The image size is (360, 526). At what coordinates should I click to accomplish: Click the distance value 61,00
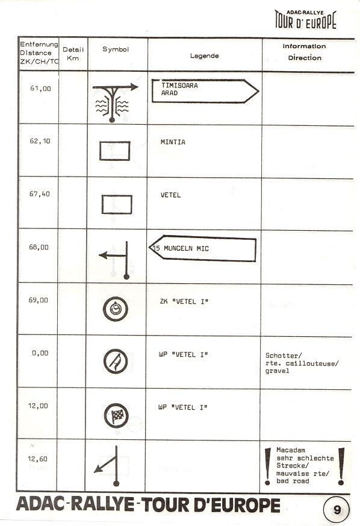pos(40,89)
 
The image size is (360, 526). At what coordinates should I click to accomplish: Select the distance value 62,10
pos(40,141)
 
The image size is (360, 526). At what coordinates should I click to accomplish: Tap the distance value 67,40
pos(40,194)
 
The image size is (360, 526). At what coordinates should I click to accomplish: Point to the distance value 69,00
pos(38,300)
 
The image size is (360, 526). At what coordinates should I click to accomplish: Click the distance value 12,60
pos(37,459)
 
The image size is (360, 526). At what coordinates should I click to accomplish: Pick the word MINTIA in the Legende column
pos(173,142)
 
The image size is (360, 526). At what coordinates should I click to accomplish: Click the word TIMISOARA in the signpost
pos(179,86)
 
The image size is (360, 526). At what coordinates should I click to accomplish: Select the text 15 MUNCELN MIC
pos(181,249)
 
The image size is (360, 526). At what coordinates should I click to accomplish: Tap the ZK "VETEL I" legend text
pos(184,302)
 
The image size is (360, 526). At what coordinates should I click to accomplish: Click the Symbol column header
pos(116,49)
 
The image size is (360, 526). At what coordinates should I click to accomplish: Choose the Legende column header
pos(205,55)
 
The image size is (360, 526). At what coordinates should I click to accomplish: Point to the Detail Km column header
pos(73,54)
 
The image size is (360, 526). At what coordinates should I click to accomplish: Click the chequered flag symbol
pos(116,416)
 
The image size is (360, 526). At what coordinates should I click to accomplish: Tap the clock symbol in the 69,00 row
pos(116,309)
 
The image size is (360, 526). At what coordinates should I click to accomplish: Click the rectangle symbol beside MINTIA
pos(114,151)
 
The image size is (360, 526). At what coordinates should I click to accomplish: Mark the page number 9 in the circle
pos(337,510)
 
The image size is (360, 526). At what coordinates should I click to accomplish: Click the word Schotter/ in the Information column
pos(284,355)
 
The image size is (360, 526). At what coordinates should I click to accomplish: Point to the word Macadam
pos(291,450)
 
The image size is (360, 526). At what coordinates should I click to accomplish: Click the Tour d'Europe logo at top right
pos(305,20)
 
